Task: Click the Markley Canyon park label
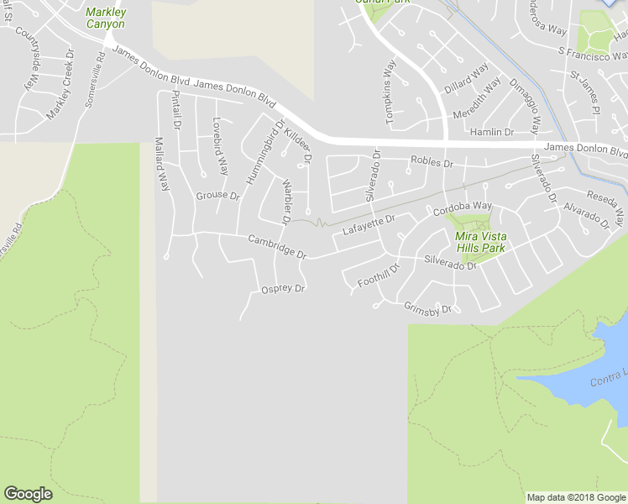click(x=106, y=18)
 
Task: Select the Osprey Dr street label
click(x=282, y=288)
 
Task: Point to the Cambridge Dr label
click(x=277, y=245)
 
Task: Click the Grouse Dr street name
click(x=217, y=196)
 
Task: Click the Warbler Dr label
click(x=286, y=201)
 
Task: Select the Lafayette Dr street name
click(x=368, y=224)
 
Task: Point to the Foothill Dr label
click(x=379, y=276)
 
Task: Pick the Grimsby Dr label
click(x=427, y=307)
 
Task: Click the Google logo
click(x=28, y=494)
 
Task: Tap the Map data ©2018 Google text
click(x=576, y=497)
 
